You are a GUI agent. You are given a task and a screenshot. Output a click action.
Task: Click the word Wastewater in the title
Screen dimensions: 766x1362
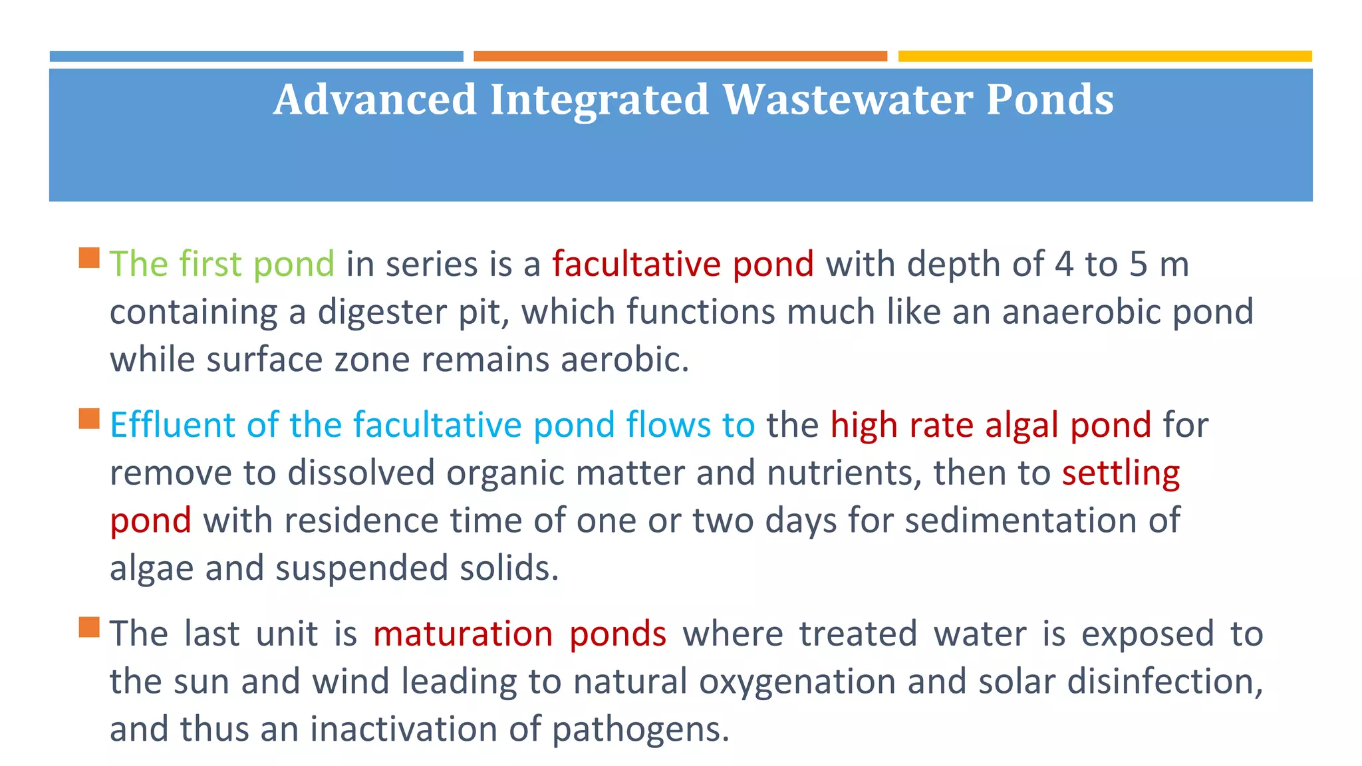847,100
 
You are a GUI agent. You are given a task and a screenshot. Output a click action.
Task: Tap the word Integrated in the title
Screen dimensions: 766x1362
599,100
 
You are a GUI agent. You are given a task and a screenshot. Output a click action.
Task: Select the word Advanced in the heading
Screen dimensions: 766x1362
375,100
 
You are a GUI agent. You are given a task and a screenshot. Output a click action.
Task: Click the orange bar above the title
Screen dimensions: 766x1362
680,57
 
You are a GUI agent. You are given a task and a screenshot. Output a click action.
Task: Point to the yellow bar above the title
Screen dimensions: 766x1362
1105,57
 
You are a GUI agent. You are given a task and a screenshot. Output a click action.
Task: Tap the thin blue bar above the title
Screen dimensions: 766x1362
256,57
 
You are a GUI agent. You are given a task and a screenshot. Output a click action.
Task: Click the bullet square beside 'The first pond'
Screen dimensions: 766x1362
89,258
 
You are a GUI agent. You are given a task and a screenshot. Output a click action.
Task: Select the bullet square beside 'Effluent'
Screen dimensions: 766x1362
89,419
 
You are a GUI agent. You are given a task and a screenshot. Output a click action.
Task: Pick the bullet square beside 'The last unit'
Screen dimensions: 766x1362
89,627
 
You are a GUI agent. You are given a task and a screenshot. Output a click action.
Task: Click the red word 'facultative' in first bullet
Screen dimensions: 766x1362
636,264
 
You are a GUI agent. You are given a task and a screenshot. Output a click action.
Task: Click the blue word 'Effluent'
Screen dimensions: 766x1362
172,425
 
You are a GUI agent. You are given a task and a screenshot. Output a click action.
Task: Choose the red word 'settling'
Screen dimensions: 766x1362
1121,473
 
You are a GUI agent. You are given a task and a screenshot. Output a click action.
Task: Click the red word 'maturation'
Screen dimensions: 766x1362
463,634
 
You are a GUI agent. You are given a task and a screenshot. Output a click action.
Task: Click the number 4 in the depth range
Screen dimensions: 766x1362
1064,264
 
